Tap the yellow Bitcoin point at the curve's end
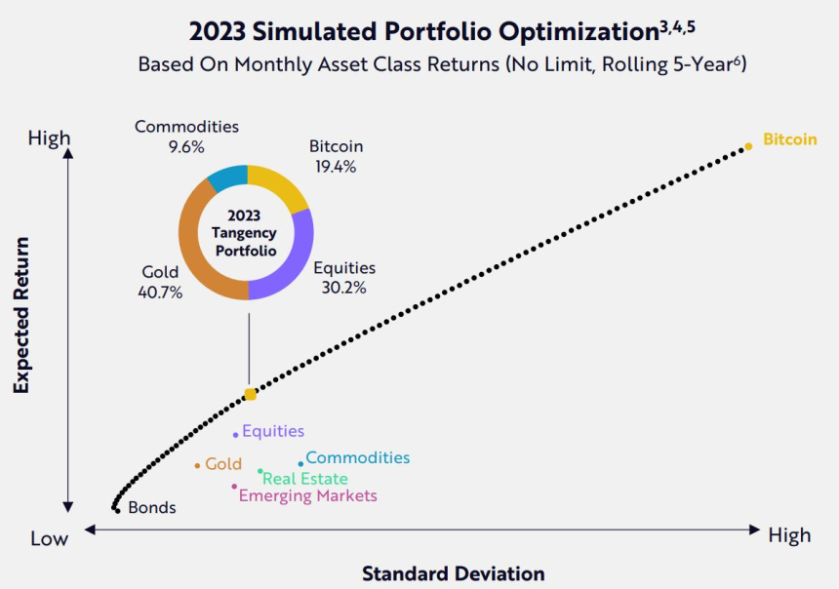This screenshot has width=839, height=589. tap(748, 146)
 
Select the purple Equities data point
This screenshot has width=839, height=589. tap(235, 435)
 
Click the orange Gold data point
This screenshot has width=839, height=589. tap(197, 466)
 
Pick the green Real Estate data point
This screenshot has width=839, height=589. tap(260, 472)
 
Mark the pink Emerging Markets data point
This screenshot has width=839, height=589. tap(234, 487)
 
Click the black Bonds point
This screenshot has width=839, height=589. tap(116, 509)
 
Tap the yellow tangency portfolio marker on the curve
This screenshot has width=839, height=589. tap(250, 394)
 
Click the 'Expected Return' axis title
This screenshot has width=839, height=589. tap(21, 315)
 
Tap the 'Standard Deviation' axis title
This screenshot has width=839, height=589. tap(454, 573)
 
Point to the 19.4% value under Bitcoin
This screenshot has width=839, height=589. tap(337, 166)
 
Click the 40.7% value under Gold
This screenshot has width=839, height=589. tap(161, 292)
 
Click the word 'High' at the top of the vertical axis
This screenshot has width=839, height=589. tap(49, 138)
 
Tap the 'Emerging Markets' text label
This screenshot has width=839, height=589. tap(308, 496)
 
